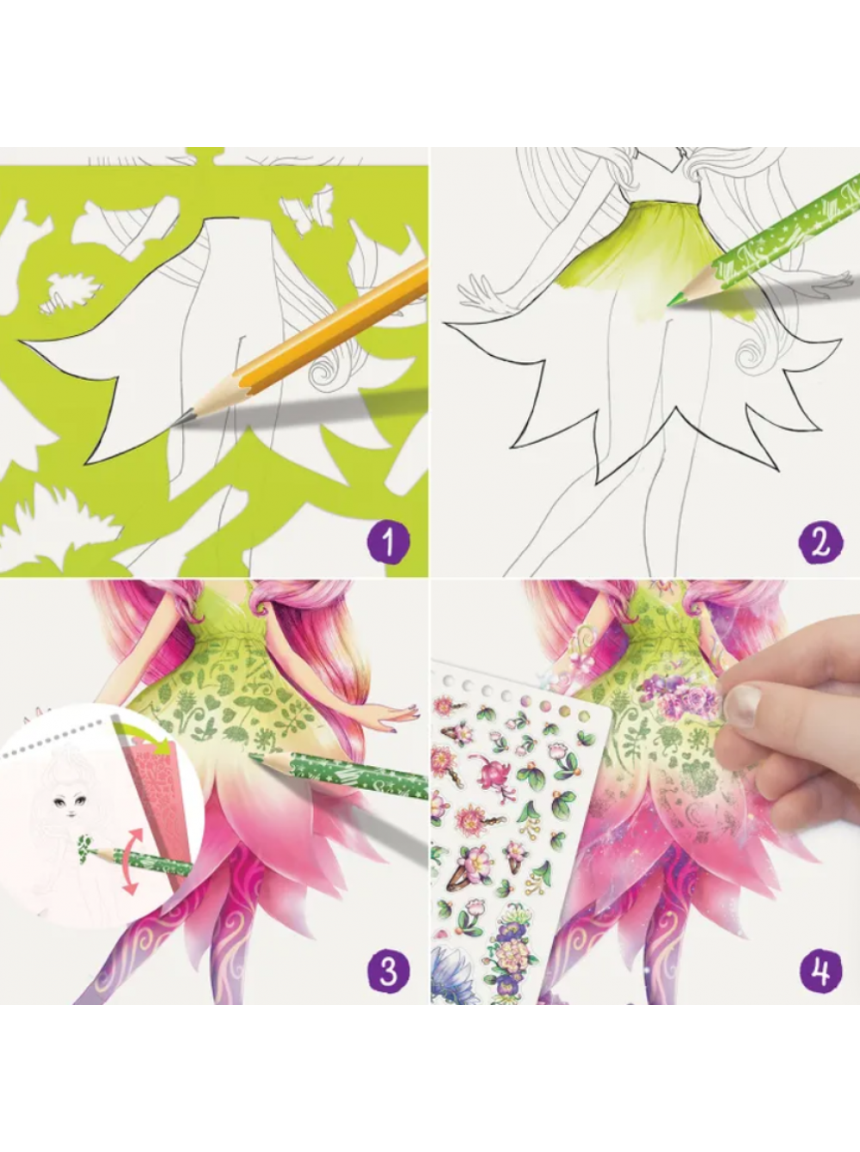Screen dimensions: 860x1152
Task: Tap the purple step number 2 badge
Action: pos(820,542)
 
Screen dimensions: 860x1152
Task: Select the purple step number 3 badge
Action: pos(388,971)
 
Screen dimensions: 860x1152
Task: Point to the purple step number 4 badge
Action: pos(820,971)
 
